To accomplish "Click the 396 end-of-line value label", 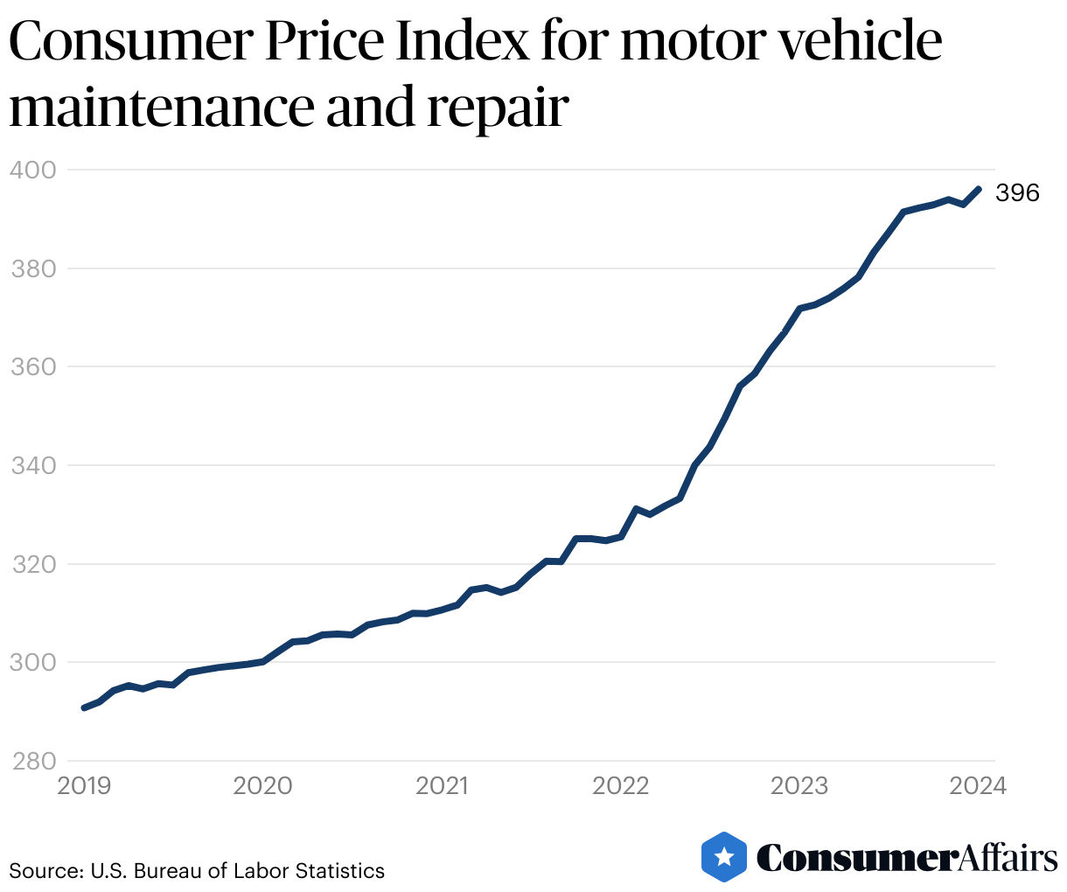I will point(1017,193).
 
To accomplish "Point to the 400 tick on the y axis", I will point(32,170).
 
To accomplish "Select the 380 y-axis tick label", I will point(32,268).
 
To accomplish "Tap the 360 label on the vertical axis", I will point(32,366).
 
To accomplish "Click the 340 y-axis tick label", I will point(32,465).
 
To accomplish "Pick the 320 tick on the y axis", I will point(32,564).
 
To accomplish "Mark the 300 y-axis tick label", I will point(32,663).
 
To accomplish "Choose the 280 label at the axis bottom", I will point(32,761).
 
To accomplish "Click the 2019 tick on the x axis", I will point(84,785).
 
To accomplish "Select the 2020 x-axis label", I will point(263,785).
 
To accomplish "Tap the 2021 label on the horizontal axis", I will point(442,785).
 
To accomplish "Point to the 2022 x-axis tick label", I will point(621,785).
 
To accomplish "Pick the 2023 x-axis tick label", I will point(799,785).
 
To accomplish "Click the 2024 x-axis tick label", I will point(979,785).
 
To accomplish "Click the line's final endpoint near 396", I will point(979,189).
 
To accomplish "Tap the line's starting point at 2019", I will point(84,707).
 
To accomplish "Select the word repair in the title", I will point(498,109).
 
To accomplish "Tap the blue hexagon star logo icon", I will point(724,856).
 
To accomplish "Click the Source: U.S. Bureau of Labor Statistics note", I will point(197,871).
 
